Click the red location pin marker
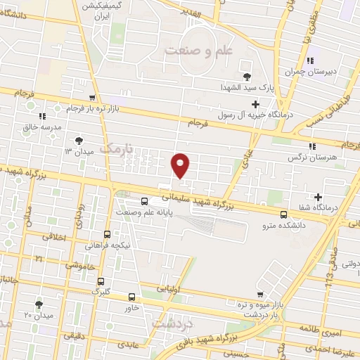coord(181,165)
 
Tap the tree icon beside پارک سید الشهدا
coord(246,77)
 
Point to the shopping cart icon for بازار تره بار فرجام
coord(92,98)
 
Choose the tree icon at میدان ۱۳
coord(79,140)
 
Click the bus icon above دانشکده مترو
coord(283,214)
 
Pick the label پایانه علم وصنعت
coord(145,212)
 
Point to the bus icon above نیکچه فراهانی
coord(107,234)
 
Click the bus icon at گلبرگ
coord(101,279)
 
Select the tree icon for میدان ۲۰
coord(39,304)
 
